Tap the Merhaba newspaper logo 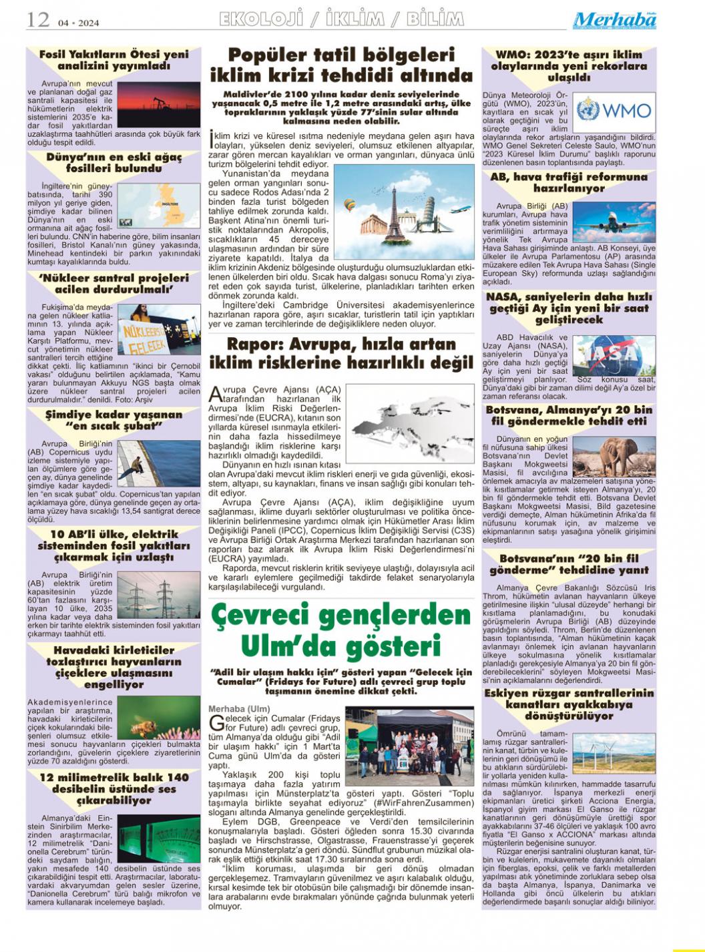(x=614, y=21)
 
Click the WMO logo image (x=615, y=109)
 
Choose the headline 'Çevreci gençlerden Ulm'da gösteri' (x=341, y=630)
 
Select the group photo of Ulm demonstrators (x=409, y=746)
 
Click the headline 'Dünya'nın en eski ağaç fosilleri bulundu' (x=114, y=163)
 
